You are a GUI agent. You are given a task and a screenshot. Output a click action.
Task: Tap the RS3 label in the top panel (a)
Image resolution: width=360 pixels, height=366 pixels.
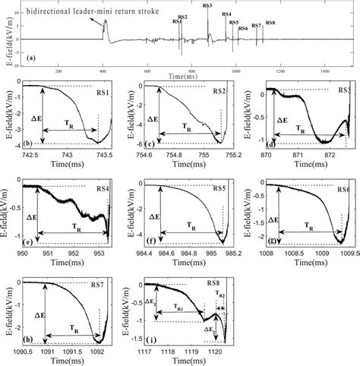207,6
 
